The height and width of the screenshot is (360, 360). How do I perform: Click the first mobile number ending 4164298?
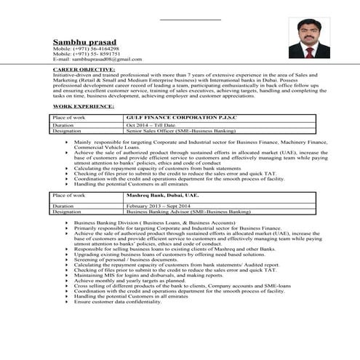[86, 49]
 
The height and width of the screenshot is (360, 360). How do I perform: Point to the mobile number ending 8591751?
[86, 54]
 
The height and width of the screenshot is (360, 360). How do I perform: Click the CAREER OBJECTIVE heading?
[82, 68]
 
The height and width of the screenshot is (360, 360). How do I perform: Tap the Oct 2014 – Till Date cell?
[151, 125]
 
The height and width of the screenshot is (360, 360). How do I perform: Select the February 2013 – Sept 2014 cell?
[161, 206]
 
